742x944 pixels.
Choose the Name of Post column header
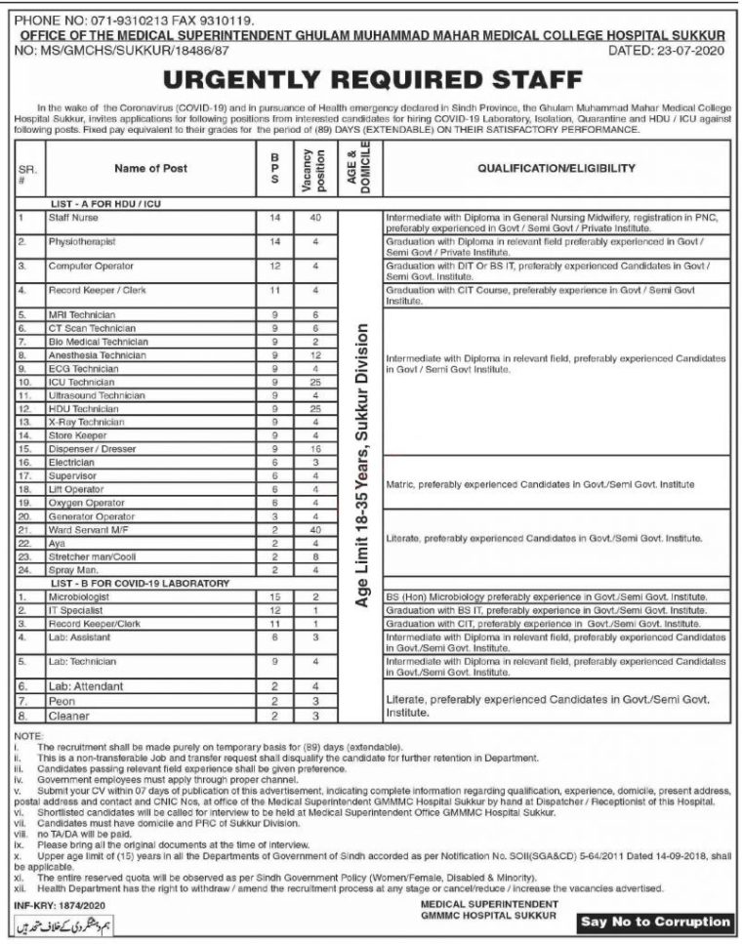150,169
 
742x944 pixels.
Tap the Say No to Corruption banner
654,921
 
